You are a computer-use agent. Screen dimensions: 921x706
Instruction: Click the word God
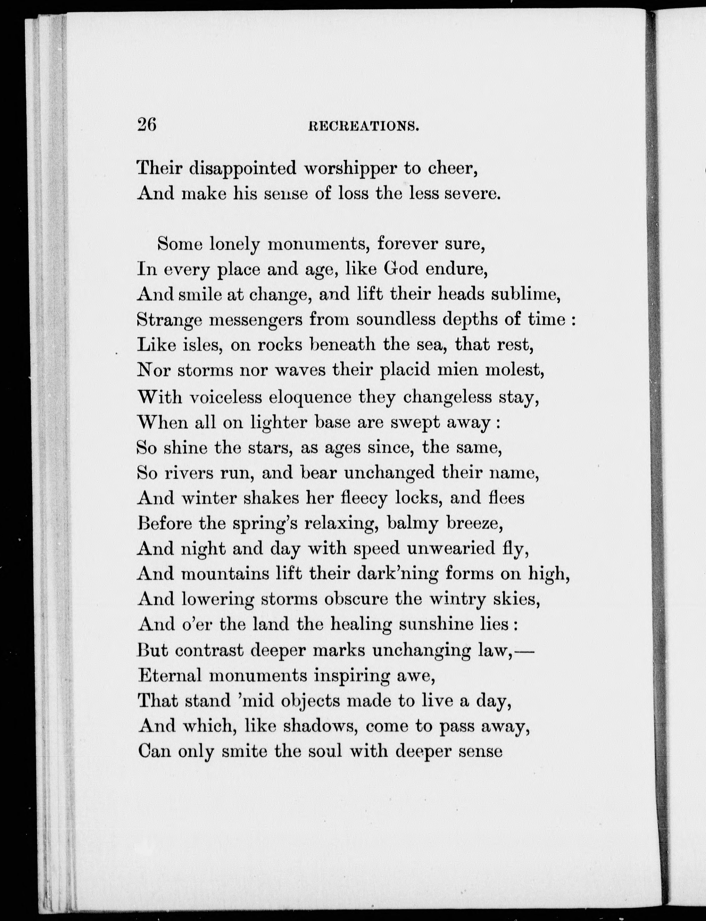tap(401, 269)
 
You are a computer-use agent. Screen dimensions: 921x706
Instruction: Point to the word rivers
tap(188, 473)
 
